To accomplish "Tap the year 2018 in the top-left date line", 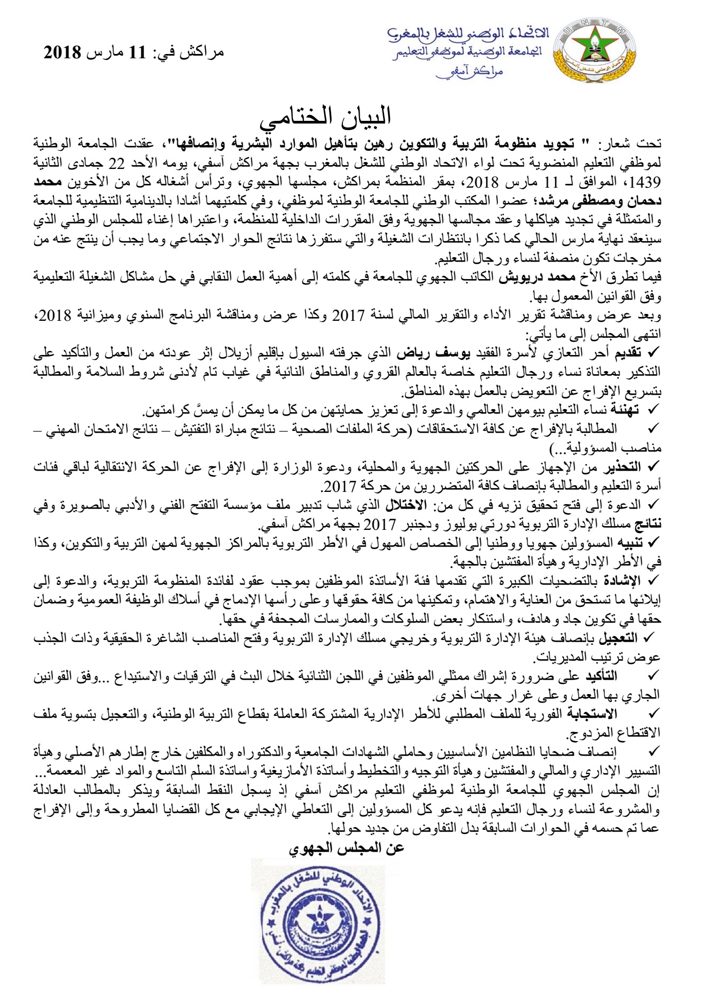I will [61, 52].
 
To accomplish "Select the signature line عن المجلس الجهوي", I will [346, 848].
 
